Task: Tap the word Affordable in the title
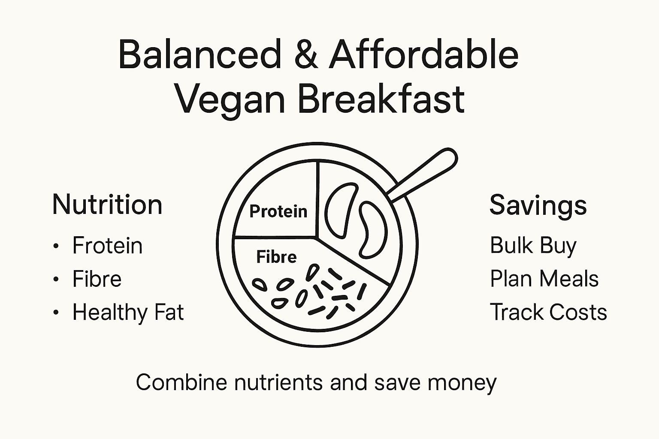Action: (424, 54)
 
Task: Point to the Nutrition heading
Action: (107, 204)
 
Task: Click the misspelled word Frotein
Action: (107, 246)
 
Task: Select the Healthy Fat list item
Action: (128, 312)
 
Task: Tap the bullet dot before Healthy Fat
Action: (56, 313)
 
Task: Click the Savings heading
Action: (538, 205)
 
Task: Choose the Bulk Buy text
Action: (533, 246)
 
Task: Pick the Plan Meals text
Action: (544, 279)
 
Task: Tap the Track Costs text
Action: (548, 312)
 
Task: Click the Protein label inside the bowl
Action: (278, 211)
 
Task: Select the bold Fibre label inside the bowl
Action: (276, 257)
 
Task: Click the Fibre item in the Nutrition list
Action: (97, 279)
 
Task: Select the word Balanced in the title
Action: (200, 54)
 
